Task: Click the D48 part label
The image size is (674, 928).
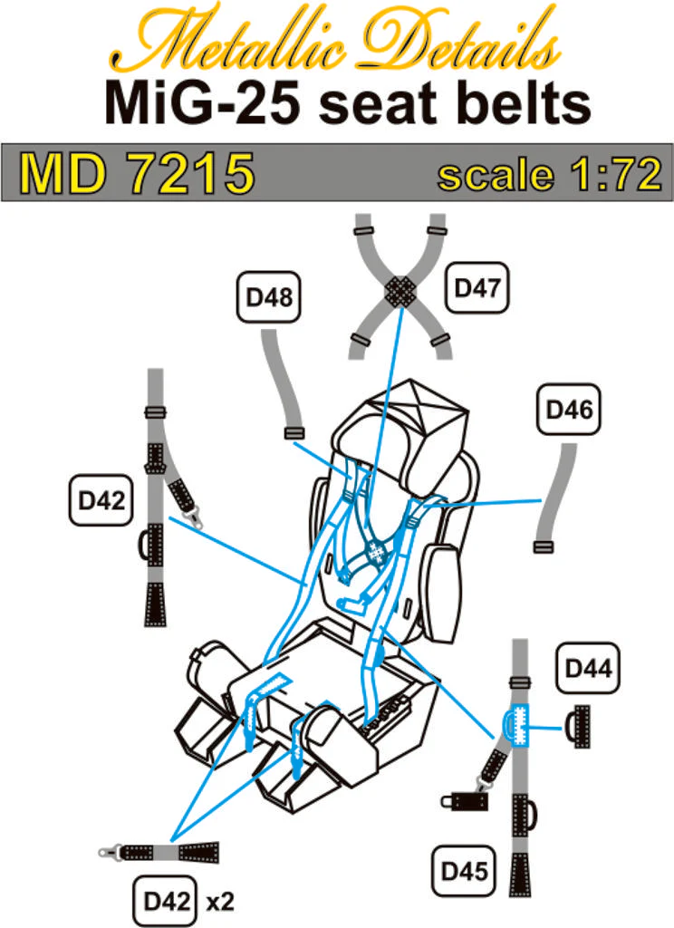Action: pos(269,297)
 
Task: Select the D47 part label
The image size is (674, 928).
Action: pos(477,287)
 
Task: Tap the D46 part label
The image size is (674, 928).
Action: pos(569,410)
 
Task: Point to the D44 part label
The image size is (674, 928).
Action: pos(588,668)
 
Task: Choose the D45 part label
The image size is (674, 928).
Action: pos(464,871)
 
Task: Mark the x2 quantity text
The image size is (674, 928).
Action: pos(220,903)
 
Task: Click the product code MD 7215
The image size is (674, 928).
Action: pos(137,173)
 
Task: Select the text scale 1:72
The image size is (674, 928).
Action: pos(549,174)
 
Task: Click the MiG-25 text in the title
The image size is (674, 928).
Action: pos(204,103)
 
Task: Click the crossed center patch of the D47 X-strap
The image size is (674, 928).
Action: pos(400,291)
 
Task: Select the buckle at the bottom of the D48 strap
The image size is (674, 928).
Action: pos(294,433)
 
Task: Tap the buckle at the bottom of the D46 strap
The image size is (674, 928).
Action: pos(544,546)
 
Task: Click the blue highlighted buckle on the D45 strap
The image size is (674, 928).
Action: pos(515,725)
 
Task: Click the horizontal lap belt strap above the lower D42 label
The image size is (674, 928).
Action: pos(159,852)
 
